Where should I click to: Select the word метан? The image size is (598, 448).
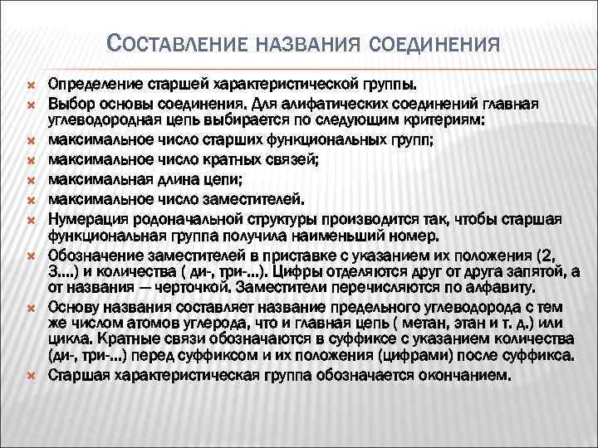[386, 321]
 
